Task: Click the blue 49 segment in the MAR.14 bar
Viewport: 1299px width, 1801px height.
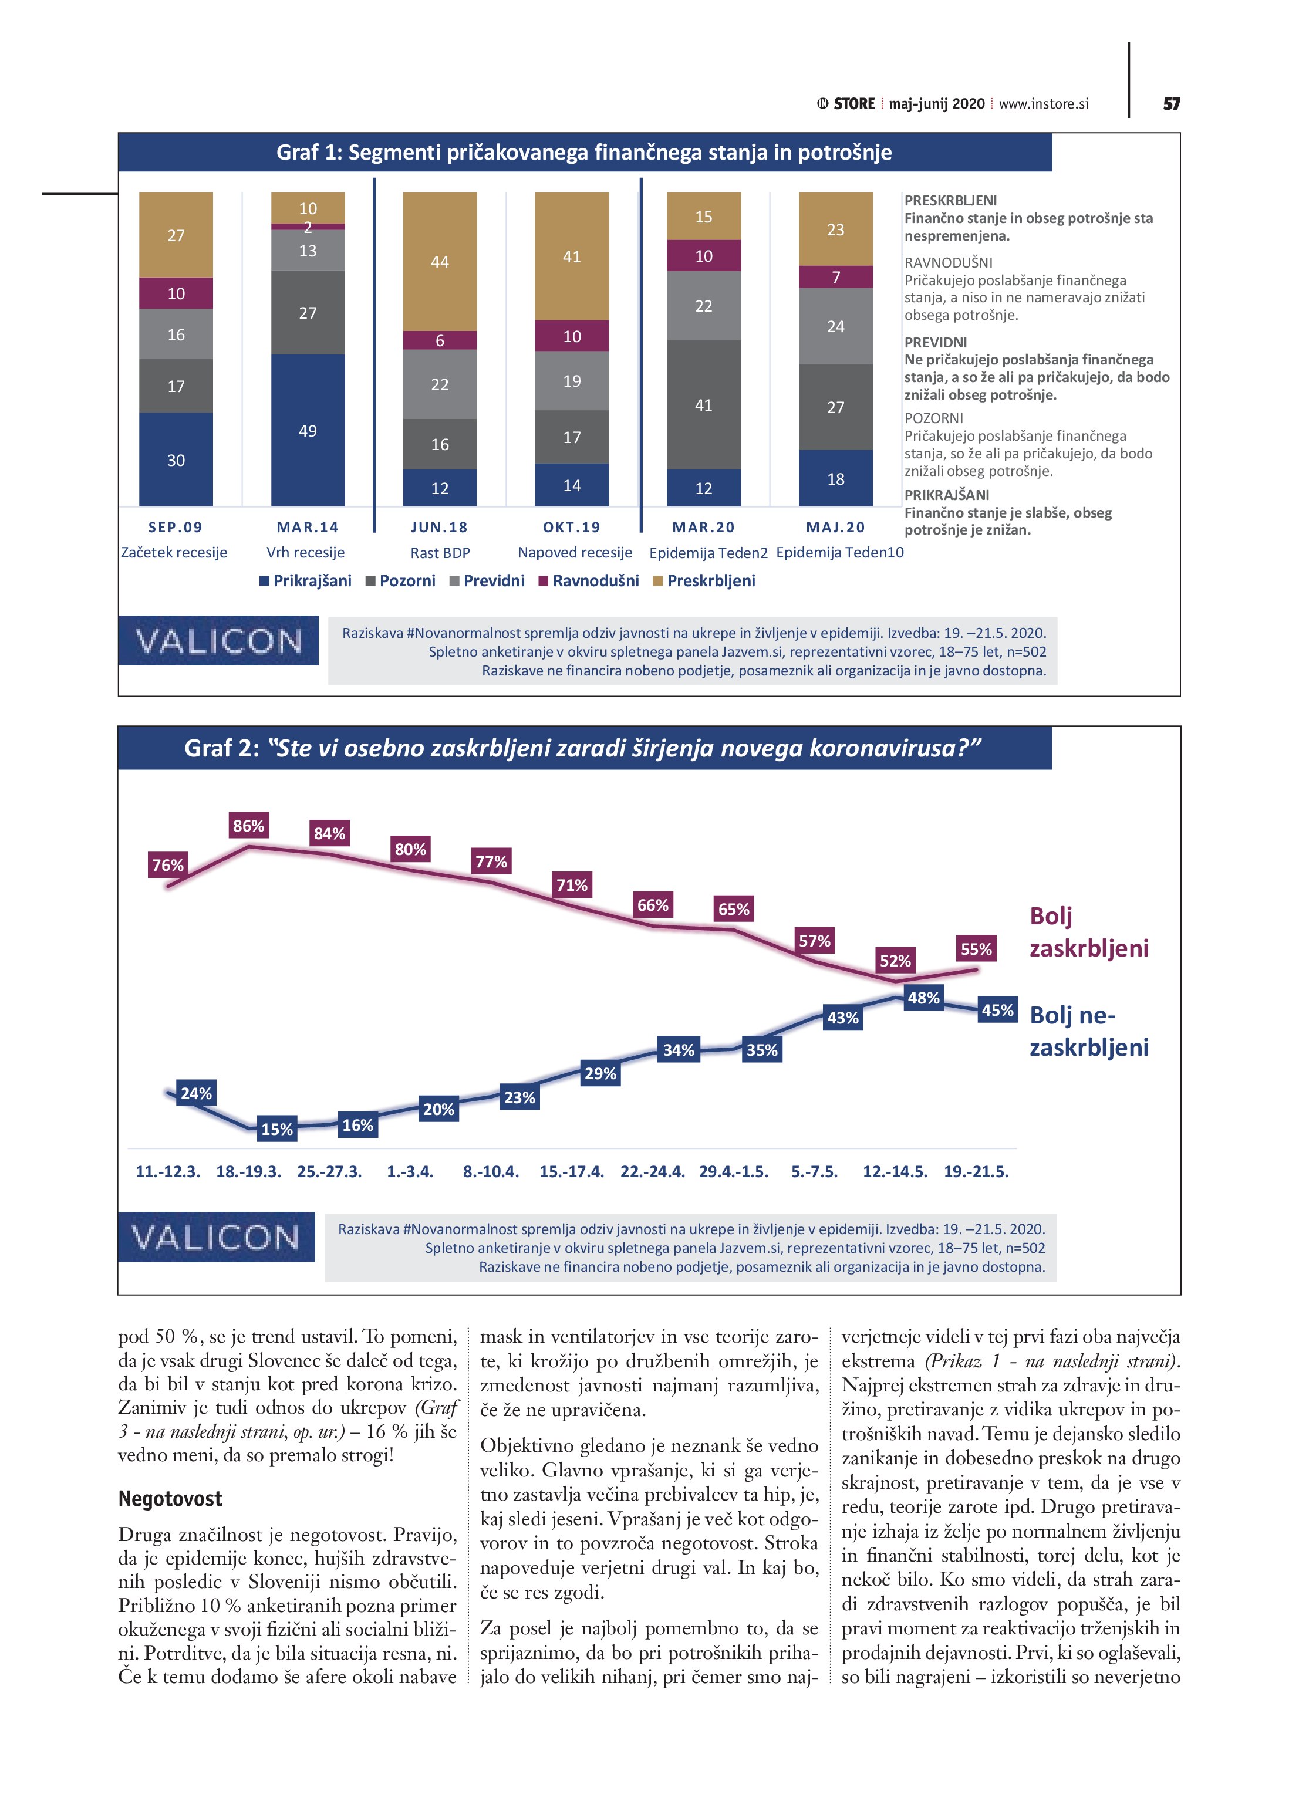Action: tap(308, 430)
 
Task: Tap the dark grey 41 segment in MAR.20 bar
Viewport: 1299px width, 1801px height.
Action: tap(703, 404)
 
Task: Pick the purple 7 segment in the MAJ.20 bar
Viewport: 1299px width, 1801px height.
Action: tap(835, 276)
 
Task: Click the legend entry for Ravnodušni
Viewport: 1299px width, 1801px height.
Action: tap(589, 580)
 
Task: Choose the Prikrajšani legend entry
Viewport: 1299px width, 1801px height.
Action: tap(306, 580)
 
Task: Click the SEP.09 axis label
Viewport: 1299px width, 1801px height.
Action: tap(176, 528)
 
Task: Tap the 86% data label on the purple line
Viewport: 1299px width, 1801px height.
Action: tap(249, 826)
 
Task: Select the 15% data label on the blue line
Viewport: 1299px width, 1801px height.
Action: tap(277, 1128)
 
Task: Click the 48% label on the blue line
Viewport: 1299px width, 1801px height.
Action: tap(923, 998)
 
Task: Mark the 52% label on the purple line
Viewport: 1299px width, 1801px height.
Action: tap(895, 961)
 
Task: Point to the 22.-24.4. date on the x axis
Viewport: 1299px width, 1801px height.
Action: tap(652, 1172)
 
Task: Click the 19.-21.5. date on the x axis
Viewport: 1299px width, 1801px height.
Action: tap(976, 1172)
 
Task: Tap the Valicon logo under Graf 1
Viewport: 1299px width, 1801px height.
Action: tap(218, 641)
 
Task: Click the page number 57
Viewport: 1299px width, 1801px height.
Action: tap(1171, 104)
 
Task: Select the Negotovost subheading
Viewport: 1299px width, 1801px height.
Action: tap(170, 1498)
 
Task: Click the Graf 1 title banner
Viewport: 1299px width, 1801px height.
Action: tap(584, 153)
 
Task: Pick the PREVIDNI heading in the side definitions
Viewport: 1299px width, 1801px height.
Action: tap(935, 342)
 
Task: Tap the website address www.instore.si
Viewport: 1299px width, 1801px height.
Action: tap(1043, 104)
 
